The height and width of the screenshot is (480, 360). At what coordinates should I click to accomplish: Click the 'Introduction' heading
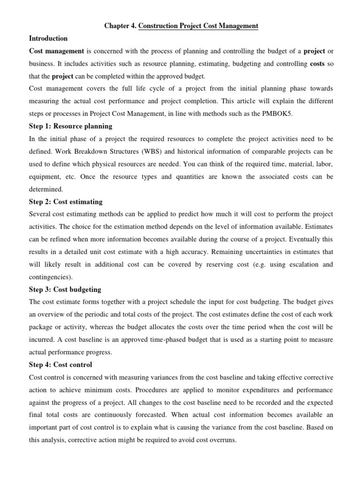coord(49,38)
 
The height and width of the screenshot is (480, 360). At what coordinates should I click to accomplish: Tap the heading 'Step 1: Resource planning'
coord(71,126)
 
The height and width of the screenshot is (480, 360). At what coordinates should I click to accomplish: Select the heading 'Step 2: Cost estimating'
coord(66,202)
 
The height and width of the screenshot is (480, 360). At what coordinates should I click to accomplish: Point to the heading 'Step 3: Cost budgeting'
coord(65,289)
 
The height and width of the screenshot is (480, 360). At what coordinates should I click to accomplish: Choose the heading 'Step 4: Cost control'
coord(60,364)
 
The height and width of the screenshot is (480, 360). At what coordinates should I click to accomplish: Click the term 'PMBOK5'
coord(278,114)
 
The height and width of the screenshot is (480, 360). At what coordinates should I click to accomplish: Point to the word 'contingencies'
coord(50,277)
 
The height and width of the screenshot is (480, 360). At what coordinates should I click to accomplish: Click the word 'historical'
coord(165,151)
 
